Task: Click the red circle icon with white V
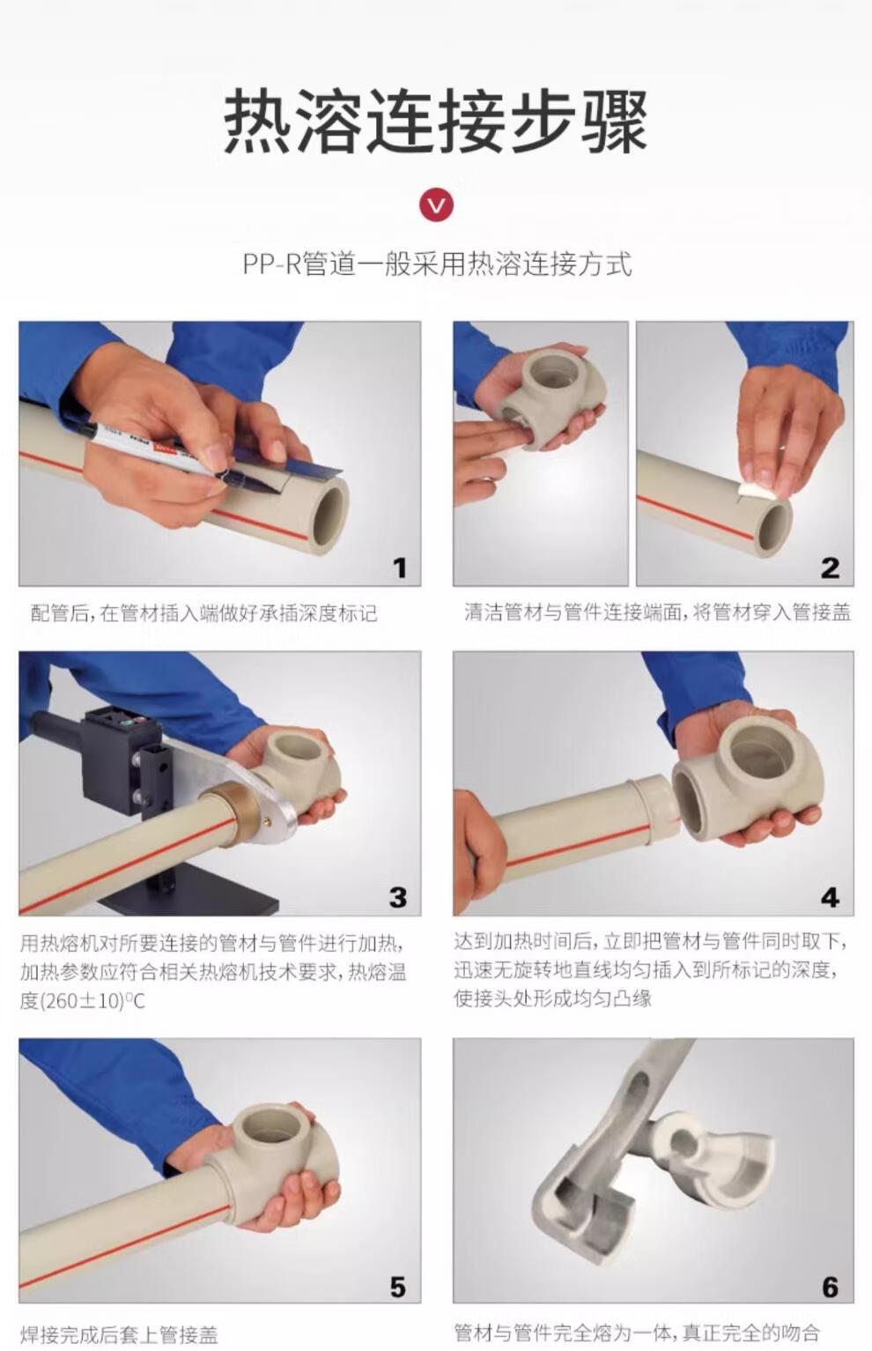[x=436, y=204]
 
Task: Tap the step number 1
[x=400, y=568]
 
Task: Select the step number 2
[x=830, y=568]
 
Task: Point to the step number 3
[x=398, y=897]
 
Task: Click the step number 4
[x=830, y=897]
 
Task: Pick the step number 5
[x=398, y=1287]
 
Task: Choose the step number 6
[x=831, y=1287]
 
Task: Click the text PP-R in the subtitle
[x=272, y=264]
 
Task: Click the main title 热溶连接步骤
[x=435, y=121]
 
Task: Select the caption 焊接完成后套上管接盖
[x=119, y=1335]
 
